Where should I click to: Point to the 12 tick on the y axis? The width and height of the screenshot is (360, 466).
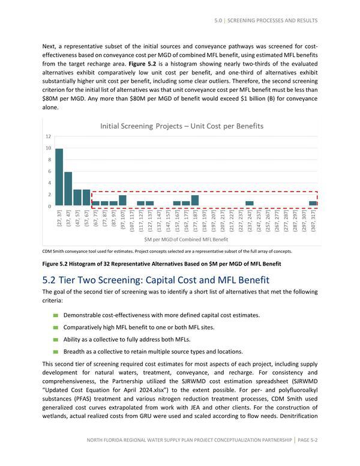[x=48, y=136]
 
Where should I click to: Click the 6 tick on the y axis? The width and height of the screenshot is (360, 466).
[x=49, y=172]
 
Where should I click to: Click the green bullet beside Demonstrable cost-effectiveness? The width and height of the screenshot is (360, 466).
[x=56, y=315]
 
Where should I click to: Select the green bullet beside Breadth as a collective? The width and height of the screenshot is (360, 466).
[x=56, y=351]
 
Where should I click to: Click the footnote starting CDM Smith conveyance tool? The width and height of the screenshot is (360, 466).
[x=167, y=251]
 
